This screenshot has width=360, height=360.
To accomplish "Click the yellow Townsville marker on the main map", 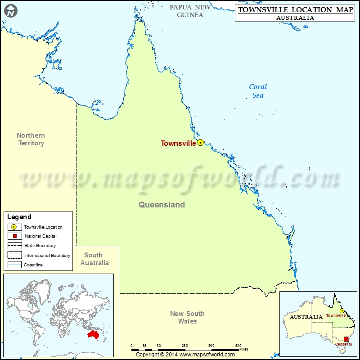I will tap(201, 143).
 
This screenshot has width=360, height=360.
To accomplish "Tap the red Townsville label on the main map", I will tap(178, 144).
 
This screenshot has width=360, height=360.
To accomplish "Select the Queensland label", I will tap(162, 205).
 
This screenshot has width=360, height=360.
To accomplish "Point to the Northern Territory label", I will tap(31, 139).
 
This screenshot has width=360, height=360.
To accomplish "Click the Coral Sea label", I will tap(258, 90).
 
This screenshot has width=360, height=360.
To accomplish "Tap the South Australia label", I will tap(94, 259).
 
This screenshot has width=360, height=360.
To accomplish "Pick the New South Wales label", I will tap(187, 317).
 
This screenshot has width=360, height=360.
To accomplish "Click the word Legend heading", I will tap(19, 217).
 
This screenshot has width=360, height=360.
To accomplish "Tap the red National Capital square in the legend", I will tap(14, 236).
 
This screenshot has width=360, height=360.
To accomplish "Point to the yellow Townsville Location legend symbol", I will tap(14, 227).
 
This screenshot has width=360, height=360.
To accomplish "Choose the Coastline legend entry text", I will tap(34, 265).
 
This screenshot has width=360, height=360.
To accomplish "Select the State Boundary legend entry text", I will tap(40, 246).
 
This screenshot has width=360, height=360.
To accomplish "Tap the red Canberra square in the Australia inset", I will tap(346, 339).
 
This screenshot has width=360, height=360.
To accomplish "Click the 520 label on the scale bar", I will tap(238, 346).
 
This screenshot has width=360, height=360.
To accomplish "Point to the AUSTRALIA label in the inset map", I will tap(306, 317).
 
